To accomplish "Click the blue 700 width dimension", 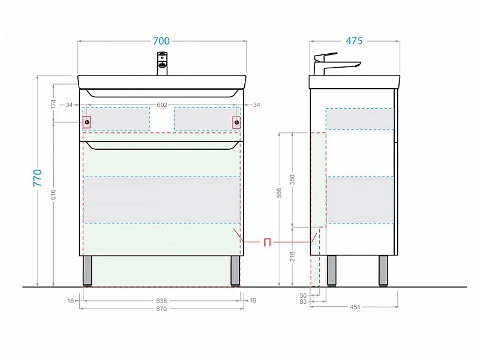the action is (161, 41).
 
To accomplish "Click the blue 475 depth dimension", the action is (354, 40).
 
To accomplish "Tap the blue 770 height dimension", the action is (37, 178).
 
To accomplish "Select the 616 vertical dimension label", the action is (53, 195).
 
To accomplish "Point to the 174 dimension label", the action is (53, 104).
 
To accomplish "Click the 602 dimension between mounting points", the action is (162, 105).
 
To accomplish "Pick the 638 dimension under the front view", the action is (161, 301).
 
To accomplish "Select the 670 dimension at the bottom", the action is (161, 309).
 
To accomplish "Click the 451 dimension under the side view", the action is (355, 307).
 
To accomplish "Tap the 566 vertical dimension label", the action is (279, 193).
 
